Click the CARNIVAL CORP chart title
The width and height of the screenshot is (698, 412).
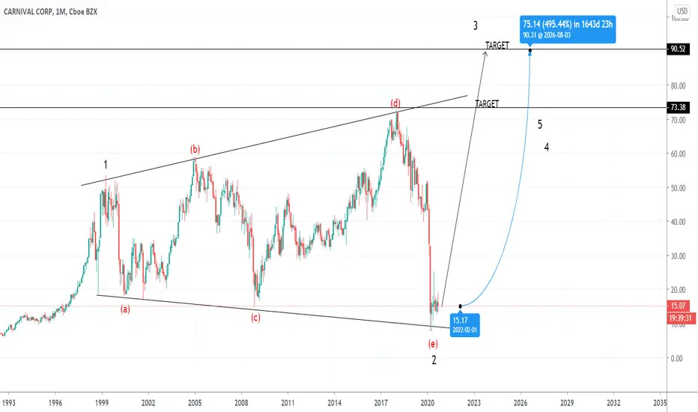(50, 12)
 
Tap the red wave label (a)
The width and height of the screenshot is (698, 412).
(126, 309)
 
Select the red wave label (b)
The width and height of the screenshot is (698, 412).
(195, 149)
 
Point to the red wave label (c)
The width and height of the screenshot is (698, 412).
(255, 318)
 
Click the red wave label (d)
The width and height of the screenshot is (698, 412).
(395, 103)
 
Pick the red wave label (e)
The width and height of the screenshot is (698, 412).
(433, 343)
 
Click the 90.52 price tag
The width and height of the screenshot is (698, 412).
(678, 49)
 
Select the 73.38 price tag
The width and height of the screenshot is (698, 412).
(678, 107)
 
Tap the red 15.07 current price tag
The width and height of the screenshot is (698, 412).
(678, 306)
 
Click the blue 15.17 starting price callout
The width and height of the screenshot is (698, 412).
(465, 325)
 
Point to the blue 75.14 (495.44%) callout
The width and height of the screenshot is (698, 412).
(568, 29)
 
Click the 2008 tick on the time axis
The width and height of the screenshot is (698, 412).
(241, 403)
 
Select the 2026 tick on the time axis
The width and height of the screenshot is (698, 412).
(521, 403)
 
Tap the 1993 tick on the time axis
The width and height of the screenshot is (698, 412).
(8, 403)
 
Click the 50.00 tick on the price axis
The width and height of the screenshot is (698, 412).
(678, 188)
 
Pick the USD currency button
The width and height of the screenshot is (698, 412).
(682, 11)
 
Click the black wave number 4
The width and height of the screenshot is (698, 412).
(547, 147)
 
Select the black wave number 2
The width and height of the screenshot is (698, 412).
(434, 360)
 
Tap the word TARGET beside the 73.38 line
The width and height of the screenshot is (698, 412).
(487, 104)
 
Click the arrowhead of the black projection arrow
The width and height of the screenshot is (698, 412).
(485, 53)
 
